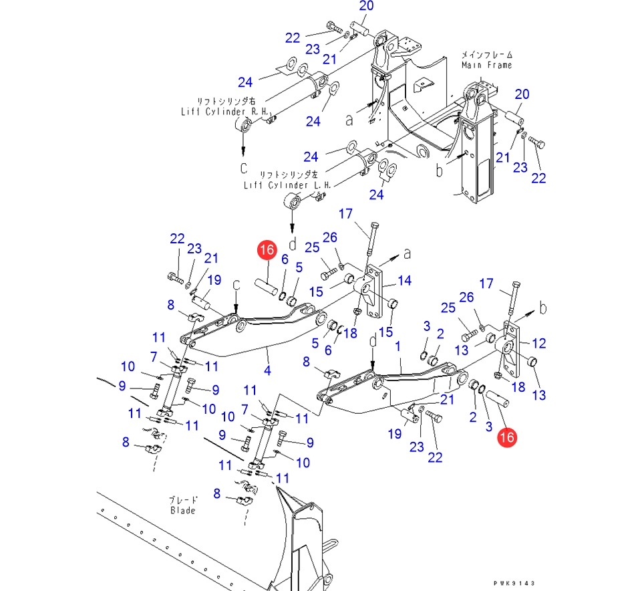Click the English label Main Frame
[486, 65]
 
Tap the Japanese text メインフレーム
[486, 54]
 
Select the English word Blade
[182, 510]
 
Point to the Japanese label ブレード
[182, 499]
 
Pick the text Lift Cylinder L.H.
[278, 185]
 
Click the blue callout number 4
[267, 370]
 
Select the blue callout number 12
[538, 343]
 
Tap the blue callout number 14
[406, 281]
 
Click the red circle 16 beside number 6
[266, 251]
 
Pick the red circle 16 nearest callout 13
[507, 438]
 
